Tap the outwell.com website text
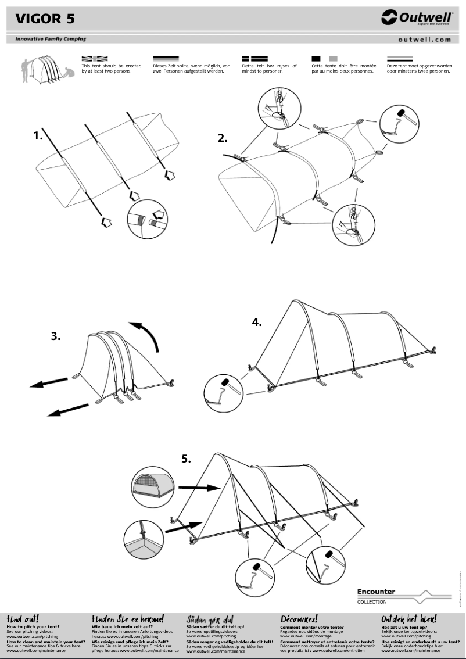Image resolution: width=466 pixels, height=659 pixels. coord(424,40)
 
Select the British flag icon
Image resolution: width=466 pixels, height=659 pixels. coord(95,59)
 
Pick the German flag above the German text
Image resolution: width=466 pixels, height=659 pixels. coord(166,59)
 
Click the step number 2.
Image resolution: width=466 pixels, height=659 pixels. coord(223,138)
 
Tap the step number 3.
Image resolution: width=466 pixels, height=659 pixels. coord(56,335)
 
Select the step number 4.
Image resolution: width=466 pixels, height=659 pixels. coord(257,322)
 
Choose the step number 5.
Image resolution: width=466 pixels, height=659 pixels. coord(186,459)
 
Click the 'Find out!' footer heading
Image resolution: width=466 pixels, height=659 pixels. coord(22,619)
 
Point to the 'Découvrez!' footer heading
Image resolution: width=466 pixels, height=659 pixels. coord(299,619)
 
